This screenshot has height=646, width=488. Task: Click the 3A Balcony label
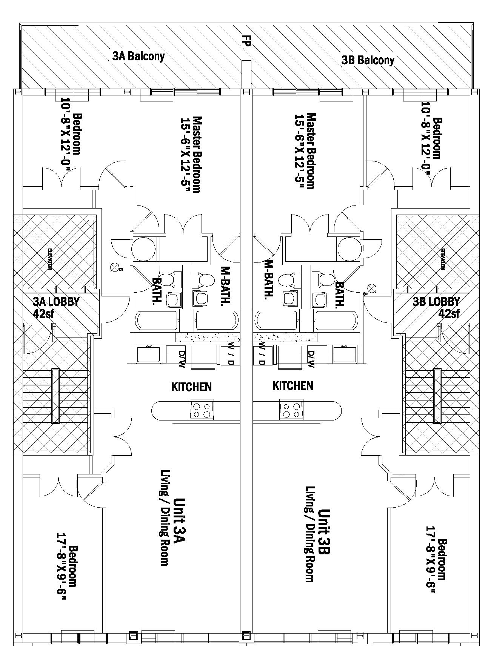[139, 57]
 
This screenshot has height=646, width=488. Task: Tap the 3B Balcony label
[368, 60]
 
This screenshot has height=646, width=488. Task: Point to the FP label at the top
[246, 41]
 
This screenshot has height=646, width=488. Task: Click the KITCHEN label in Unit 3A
[191, 387]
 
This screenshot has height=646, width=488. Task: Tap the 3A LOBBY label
[56, 302]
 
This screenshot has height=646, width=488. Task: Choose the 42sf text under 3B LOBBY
[449, 313]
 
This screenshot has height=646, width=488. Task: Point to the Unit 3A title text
[179, 521]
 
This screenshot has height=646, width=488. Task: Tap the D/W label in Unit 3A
[182, 359]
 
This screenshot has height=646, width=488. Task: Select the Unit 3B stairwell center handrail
[437, 396]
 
